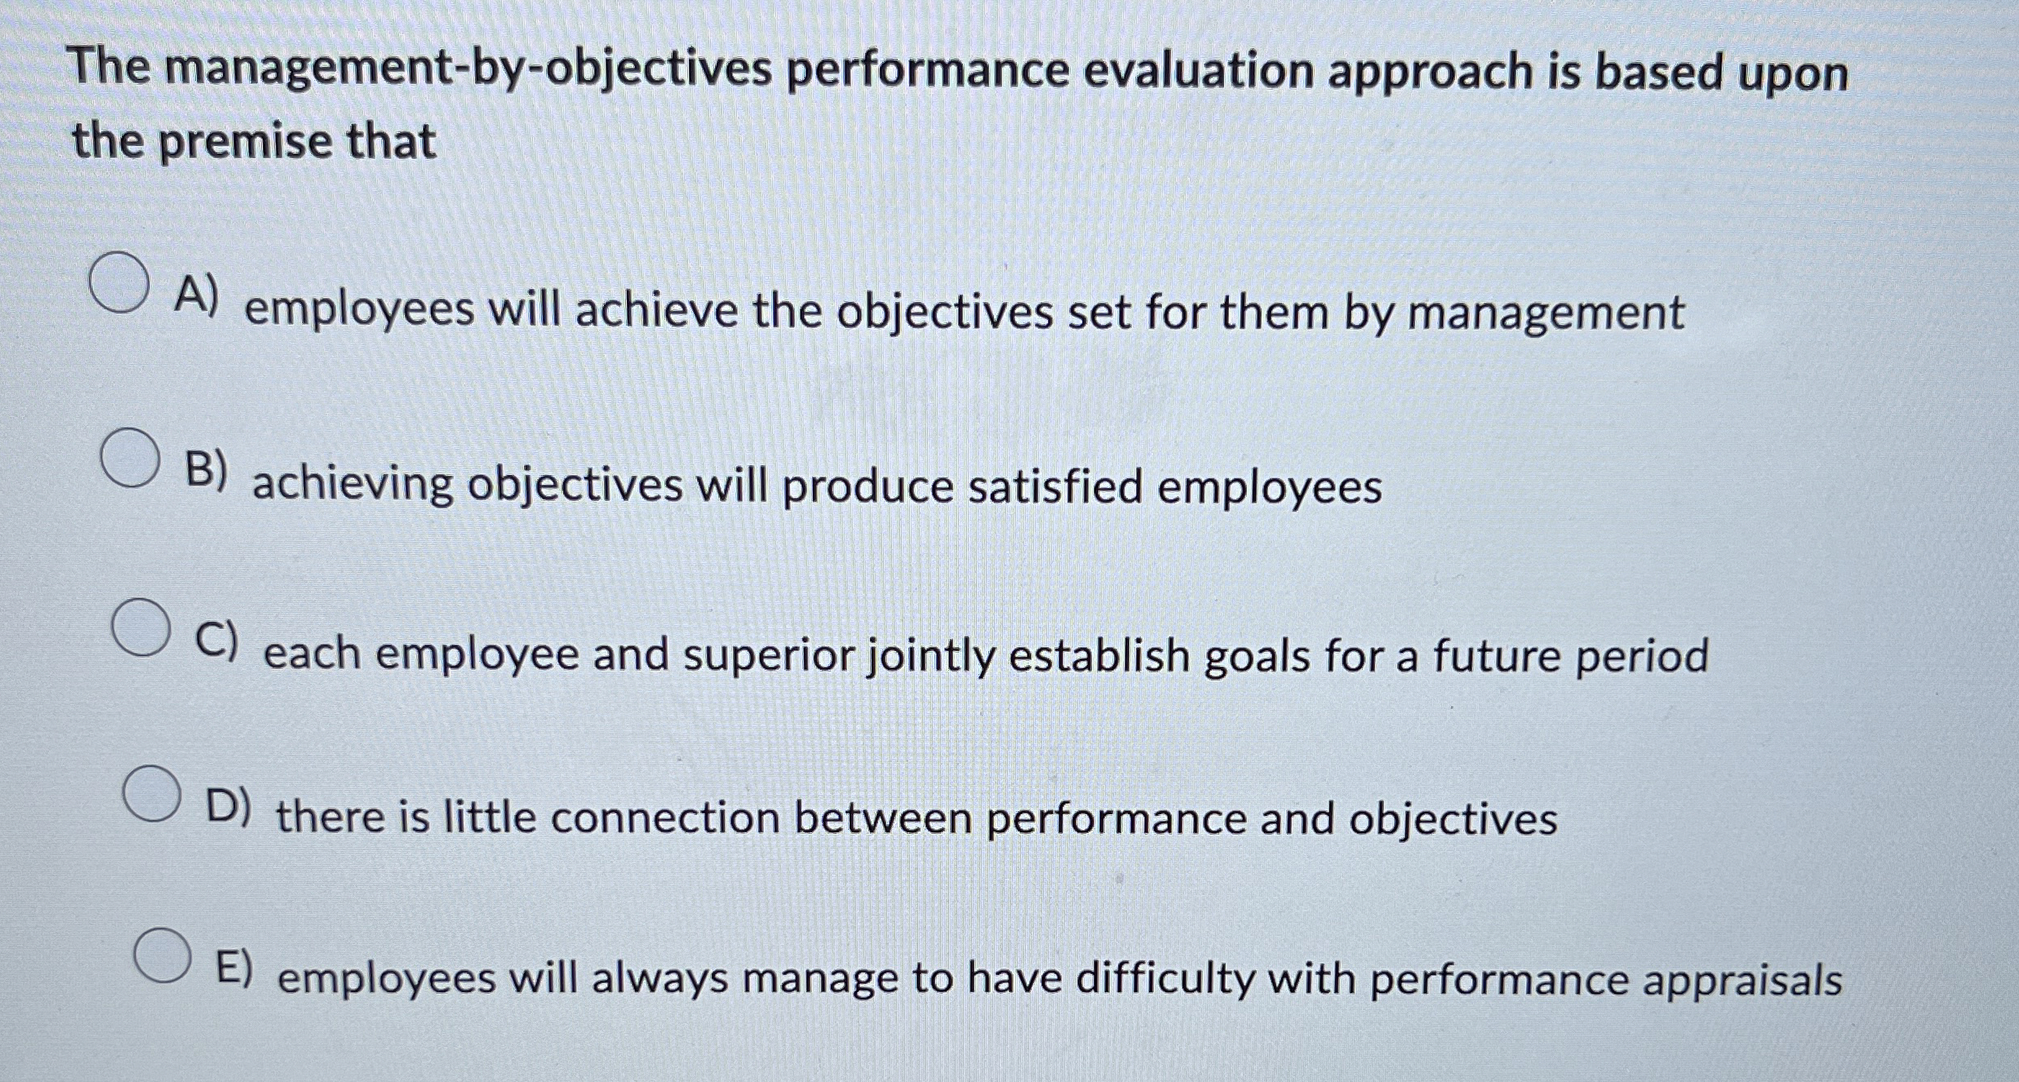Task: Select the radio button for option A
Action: pyautogui.click(x=120, y=282)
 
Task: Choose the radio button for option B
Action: pyautogui.click(x=131, y=458)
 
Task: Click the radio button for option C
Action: pyautogui.click(x=141, y=627)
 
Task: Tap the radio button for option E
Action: pyautogui.click(x=163, y=955)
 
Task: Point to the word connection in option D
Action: pyautogui.click(x=665, y=818)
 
